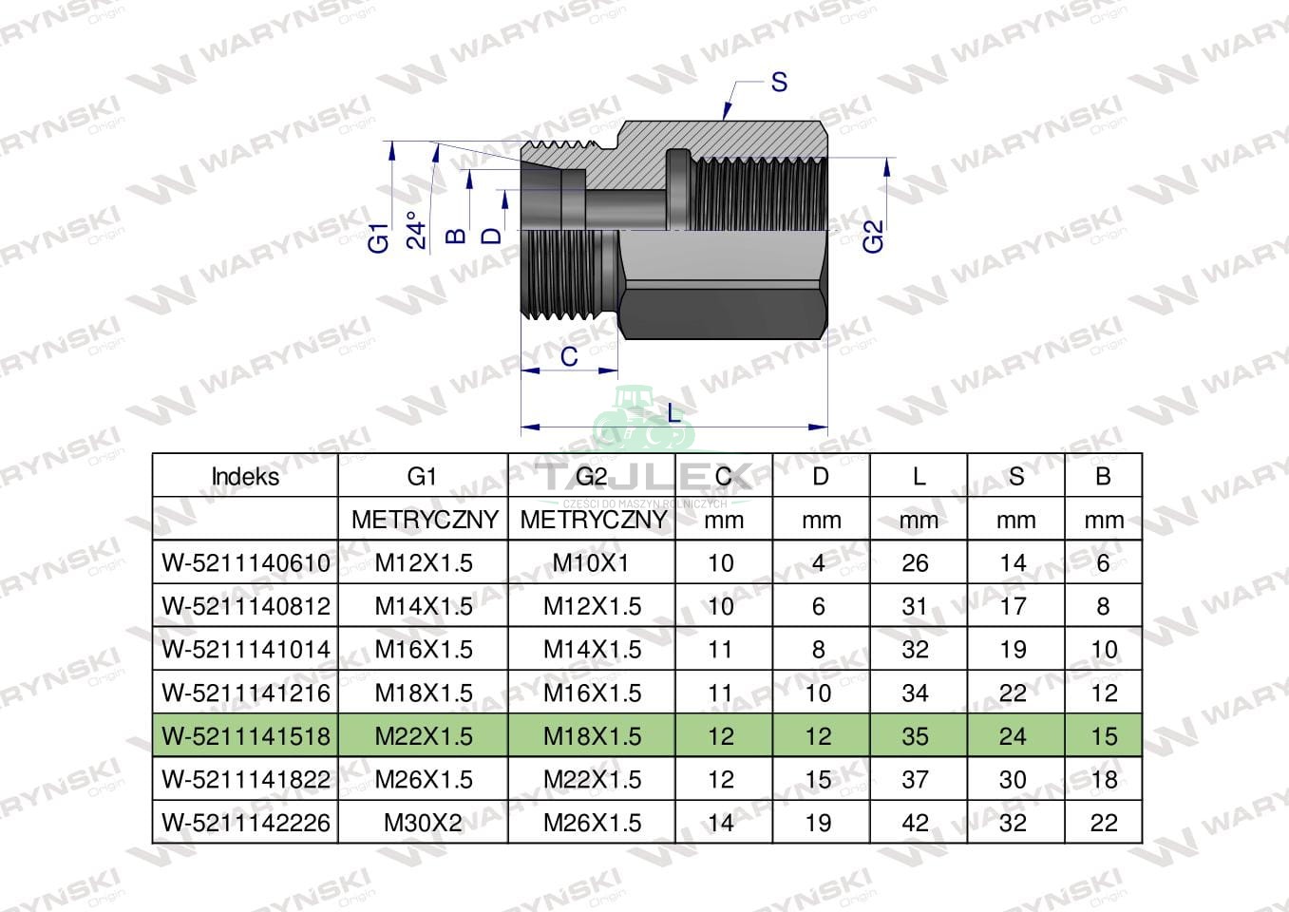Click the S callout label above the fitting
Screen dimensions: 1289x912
[779, 82]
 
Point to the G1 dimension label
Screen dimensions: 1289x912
[379, 237]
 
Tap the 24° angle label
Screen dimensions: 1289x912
[416, 230]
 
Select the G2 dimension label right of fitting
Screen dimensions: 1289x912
[873, 237]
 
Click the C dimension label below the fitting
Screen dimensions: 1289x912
[569, 356]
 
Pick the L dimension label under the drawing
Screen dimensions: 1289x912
[673, 413]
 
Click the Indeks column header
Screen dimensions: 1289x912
[245, 477]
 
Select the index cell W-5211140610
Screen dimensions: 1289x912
[246, 562]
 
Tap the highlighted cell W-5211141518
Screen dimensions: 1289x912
[246, 736]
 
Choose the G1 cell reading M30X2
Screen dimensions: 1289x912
[423, 823]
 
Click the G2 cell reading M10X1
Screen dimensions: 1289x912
[591, 562]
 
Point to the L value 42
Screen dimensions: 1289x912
[915, 823]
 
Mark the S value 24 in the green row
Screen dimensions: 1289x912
[1013, 736]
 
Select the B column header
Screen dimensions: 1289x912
[1103, 477]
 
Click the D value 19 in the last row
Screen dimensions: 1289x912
[818, 823]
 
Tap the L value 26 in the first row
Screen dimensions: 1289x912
[915, 562]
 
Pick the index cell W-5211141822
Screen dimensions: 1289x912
[246, 780]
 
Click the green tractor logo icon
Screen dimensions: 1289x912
[644, 420]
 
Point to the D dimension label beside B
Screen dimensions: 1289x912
[491, 236]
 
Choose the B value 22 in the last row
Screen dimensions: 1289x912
[1104, 823]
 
